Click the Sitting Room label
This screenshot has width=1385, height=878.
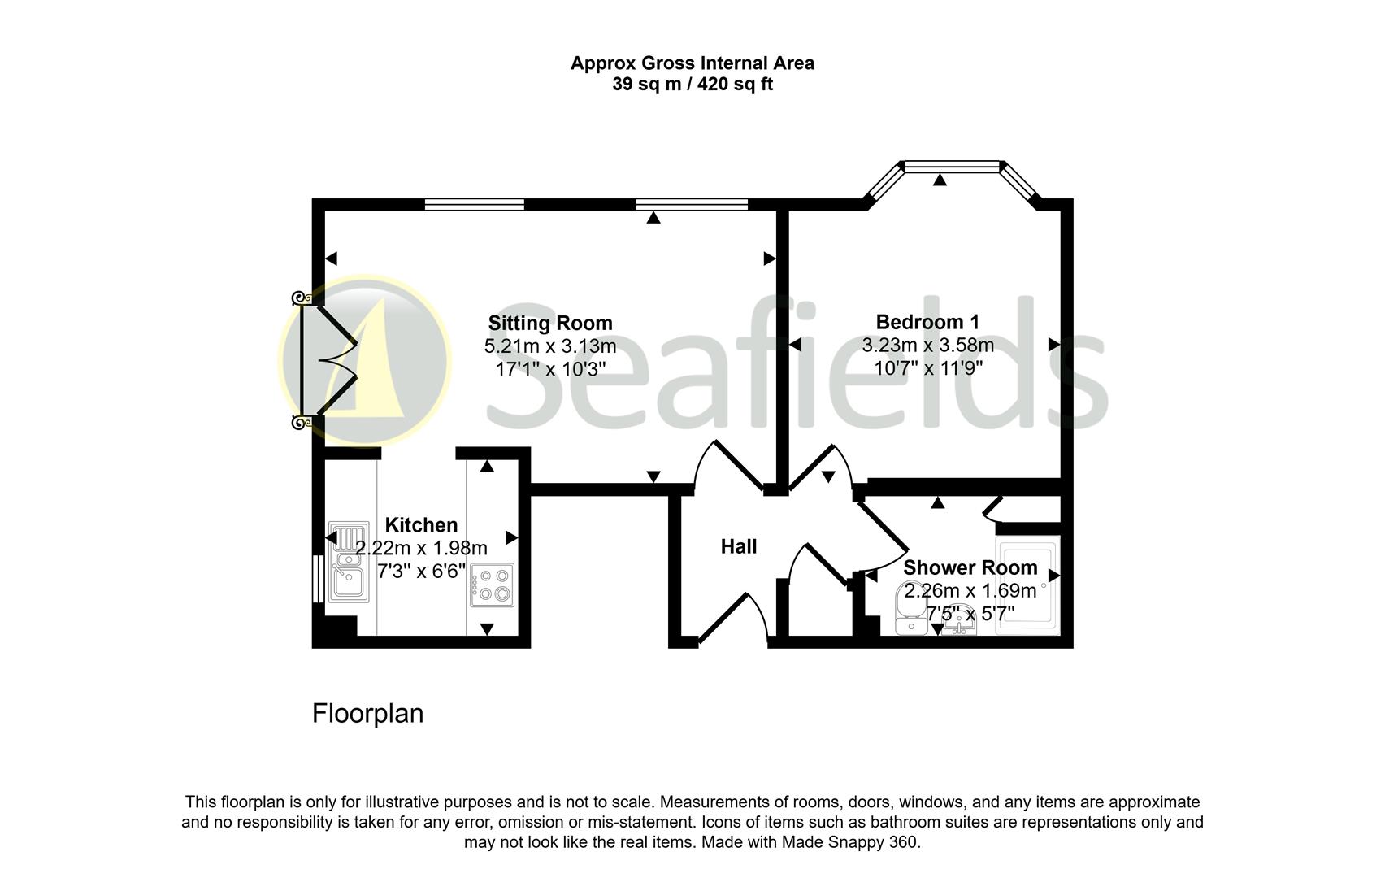coord(549,323)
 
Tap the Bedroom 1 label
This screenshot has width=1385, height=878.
coord(927,321)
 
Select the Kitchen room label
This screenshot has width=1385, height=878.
coord(421,524)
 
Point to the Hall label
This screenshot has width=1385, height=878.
coord(739,546)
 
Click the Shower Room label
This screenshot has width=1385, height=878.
coord(970,567)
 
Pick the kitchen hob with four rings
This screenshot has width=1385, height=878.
coord(492,585)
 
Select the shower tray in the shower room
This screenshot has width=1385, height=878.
coord(1027,584)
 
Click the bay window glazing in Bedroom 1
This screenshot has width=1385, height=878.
coord(951,167)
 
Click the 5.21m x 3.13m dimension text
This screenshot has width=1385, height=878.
coord(550,346)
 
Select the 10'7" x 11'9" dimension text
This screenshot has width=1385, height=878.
coord(928,367)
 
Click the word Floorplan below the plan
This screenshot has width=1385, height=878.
coord(367,713)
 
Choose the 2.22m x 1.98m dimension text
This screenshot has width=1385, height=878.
coord(421,547)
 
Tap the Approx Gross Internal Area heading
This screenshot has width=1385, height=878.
coord(692,63)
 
